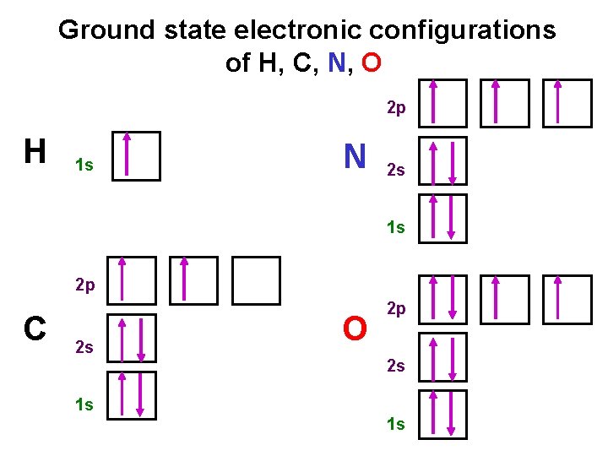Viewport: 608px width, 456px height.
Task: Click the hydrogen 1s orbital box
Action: [136, 155]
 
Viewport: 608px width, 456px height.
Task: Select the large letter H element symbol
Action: [35, 152]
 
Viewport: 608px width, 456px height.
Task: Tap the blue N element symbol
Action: [354, 156]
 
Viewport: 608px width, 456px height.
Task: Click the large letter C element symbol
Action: [35, 328]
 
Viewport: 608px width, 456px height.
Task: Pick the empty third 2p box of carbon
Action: [256, 280]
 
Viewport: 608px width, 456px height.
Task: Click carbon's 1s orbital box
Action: [132, 394]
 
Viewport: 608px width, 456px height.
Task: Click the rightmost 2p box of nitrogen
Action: [567, 103]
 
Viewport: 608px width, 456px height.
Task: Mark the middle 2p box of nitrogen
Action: [505, 103]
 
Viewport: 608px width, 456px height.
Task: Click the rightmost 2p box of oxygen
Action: [567, 299]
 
